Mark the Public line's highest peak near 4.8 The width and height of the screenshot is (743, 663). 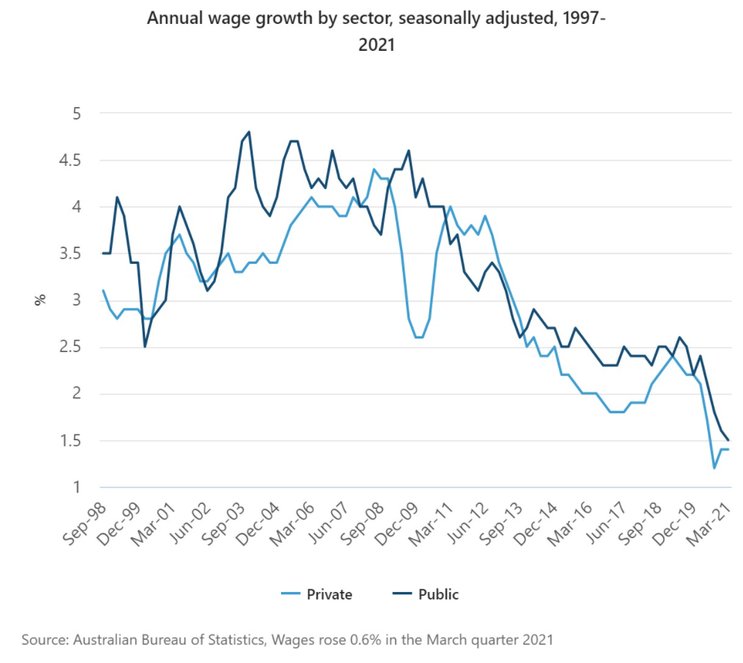click(x=249, y=132)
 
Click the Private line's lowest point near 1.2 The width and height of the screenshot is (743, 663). click(x=715, y=469)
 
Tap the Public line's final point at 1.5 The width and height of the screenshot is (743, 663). click(x=729, y=441)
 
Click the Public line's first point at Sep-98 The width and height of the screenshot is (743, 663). click(x=103, y=253)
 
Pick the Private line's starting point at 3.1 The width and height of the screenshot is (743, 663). click(x=103, y=291)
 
